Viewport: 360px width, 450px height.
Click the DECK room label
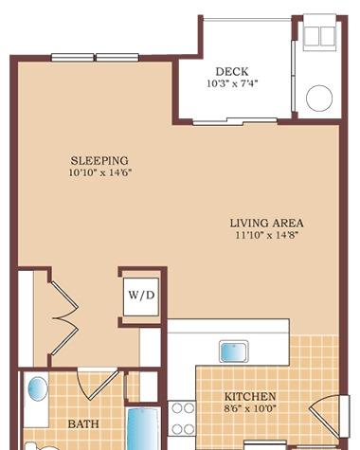[232, 72]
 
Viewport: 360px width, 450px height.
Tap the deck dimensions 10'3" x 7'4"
[232, 83]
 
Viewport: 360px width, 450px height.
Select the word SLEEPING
[99, 161]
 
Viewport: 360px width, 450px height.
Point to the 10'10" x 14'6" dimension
[100, 172]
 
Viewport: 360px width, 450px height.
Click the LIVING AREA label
[266, 224]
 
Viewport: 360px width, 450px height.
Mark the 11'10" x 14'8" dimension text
[267, 235]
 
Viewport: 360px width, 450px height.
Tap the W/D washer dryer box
[141, 297]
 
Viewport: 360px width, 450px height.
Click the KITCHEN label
[250, 396]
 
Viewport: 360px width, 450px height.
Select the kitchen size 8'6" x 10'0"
[250, 408]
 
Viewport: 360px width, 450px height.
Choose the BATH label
[83, 423]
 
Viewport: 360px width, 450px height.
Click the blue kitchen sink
[234, 351]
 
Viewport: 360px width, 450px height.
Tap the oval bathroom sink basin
[38, 389]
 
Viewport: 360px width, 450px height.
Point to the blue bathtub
[143, 429]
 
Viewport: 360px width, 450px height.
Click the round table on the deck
[319, 98]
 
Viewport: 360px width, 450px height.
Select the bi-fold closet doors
[65, 317]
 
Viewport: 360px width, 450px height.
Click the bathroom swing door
[99, 385]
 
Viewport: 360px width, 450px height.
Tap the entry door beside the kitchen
[325, 415]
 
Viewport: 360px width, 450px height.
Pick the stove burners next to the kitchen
[182, 419]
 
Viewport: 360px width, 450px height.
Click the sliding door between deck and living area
[235, 121]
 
